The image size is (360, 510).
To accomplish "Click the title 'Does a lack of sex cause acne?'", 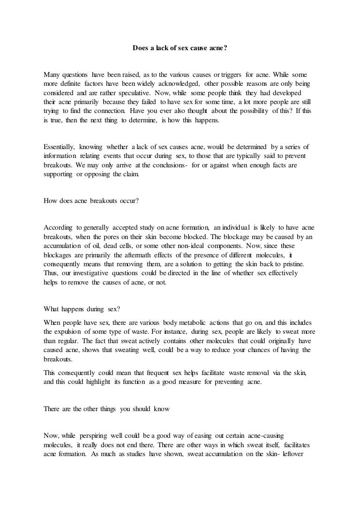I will pos(180,47).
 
